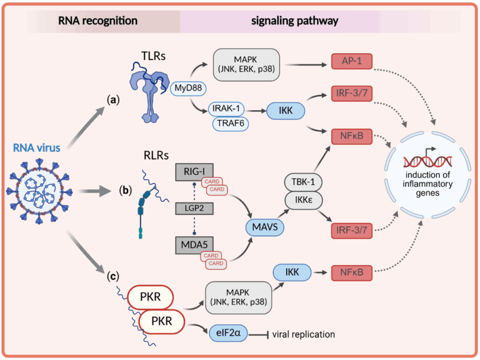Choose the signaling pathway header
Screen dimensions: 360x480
294,21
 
